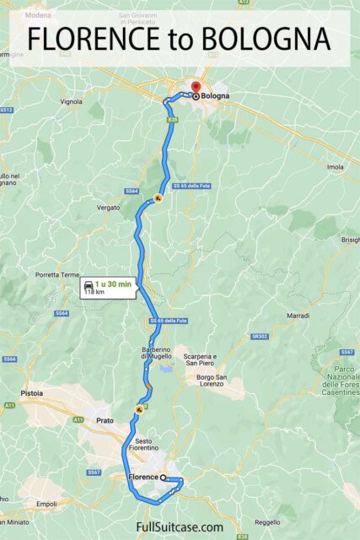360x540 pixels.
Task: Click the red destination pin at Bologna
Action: coord(194,88)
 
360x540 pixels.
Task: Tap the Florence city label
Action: coord(142,478)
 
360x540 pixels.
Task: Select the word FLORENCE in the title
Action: coord(90,39)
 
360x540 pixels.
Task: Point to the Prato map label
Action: coord(104,419)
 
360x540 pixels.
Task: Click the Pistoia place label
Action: coord(33,393)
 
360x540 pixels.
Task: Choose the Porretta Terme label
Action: coord(56,274)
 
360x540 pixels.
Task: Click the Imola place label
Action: coord(335,167)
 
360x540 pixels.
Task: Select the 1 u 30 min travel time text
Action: coord(113,284)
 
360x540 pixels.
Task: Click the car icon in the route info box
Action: coord(88,288)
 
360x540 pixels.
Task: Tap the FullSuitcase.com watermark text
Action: coord(180,526)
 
